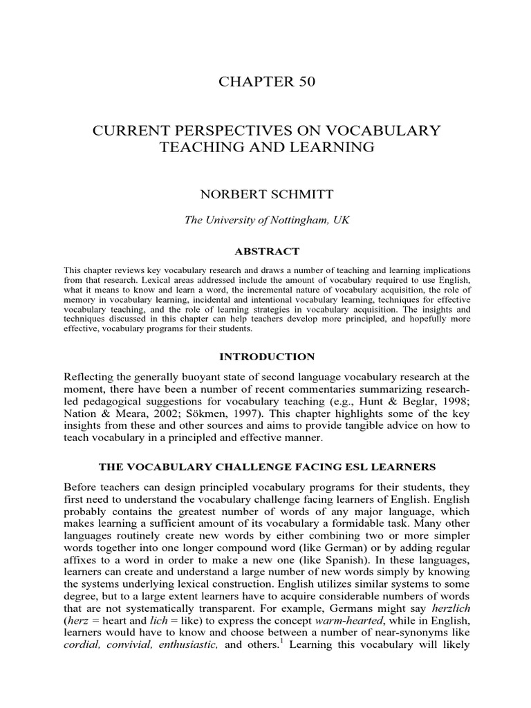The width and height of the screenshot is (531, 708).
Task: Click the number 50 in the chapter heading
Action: tap(304, 82)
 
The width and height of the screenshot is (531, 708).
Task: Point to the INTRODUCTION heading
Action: tap(266, 357)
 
